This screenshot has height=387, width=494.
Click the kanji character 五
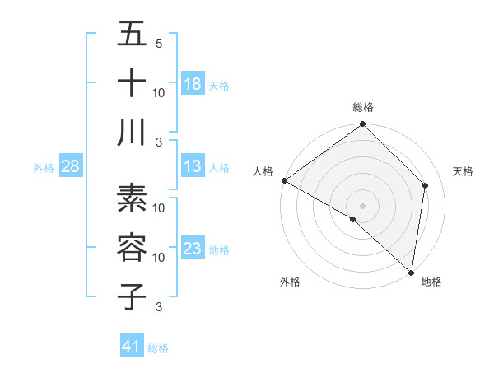tap(132, 35)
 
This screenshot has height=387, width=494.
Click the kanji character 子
tap(132, 296)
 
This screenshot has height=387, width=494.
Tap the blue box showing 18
tap(192, 84)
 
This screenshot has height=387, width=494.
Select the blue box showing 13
tap(192, 166)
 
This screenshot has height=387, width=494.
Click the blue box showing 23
tap(192, 249)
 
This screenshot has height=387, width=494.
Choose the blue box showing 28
tap(70, 166)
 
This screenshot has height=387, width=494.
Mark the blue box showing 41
tap(132, 347)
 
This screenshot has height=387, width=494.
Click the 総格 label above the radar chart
tap(363, 108)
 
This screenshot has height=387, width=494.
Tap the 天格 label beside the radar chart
tap(463, 171)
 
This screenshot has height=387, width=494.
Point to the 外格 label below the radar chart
tap(290, 282)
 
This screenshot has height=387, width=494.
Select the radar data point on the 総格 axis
tap(363, 125)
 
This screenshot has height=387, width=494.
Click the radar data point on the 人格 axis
tap(284, 180)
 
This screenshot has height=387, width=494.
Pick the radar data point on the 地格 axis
tap(411, 271)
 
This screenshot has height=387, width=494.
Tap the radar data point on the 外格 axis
tap(353, 219)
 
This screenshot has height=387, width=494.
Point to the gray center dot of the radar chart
tap(363, 205)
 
